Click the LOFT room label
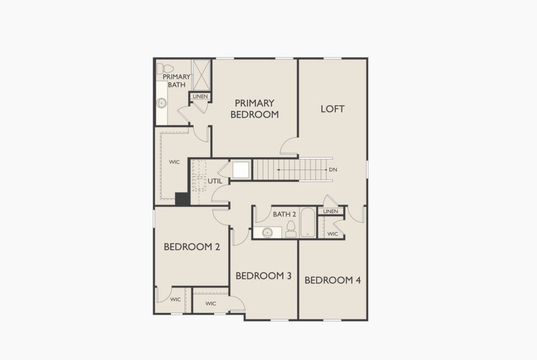(332, 109)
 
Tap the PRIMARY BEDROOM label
(256, 109)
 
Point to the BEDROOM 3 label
(263, 275)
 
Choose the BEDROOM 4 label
(332, 280)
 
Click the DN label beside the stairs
(333, 170)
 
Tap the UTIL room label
(215, 180)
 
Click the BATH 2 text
(284, 214)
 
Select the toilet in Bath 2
(291, 229)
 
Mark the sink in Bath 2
(268, 232)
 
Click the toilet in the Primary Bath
(165, 68)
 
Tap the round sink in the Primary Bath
(161, 103)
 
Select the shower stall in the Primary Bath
(200, 74)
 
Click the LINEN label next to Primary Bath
(200, 96)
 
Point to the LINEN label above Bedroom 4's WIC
(331, 211)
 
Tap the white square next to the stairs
(241, 170)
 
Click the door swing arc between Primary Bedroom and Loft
(289, 146)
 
